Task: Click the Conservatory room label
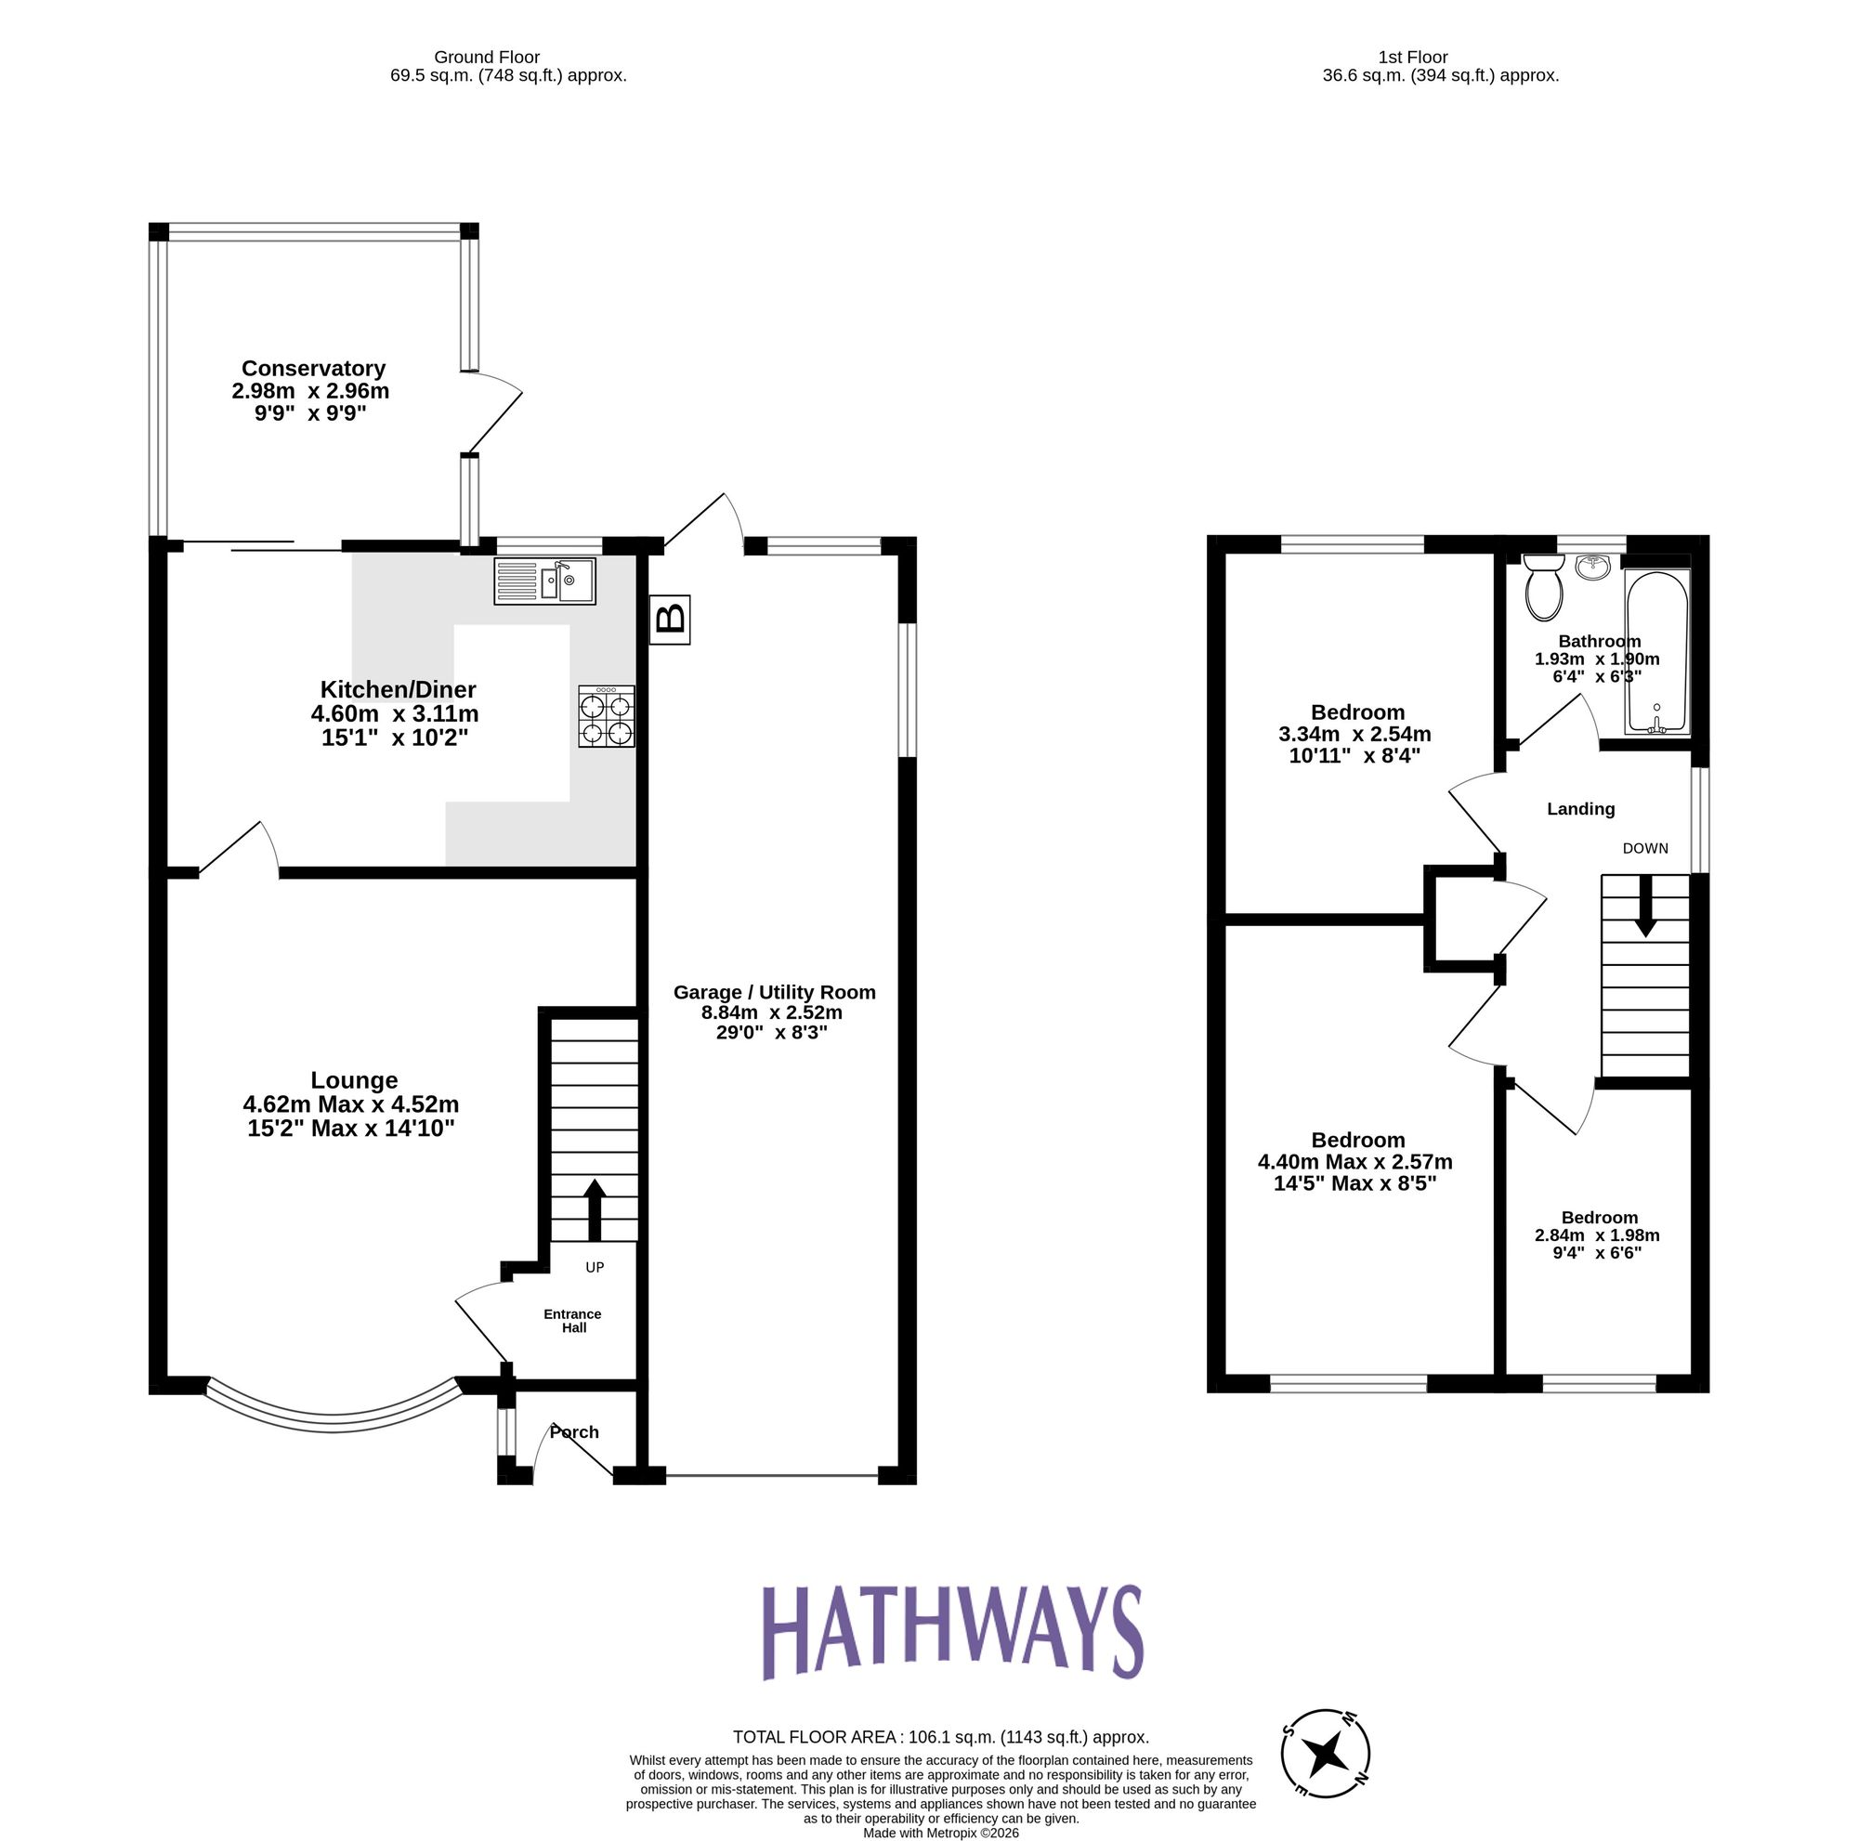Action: click(312, 368)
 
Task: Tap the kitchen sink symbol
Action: click(544, 581)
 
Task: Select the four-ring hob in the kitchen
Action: click(606, 716)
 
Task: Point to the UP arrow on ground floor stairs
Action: click(595, 1210)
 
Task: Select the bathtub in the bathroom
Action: click(1656, 651)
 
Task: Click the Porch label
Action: click(574, 1432)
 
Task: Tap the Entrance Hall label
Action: click(573, 1321)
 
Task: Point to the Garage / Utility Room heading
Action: click(773, 992)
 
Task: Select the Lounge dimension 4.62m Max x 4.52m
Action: click(351, 1104)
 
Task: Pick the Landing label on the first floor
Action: click(1580, 809)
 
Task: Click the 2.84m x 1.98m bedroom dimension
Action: click(1596, 1235)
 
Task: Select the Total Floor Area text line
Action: click(939, 1737)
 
